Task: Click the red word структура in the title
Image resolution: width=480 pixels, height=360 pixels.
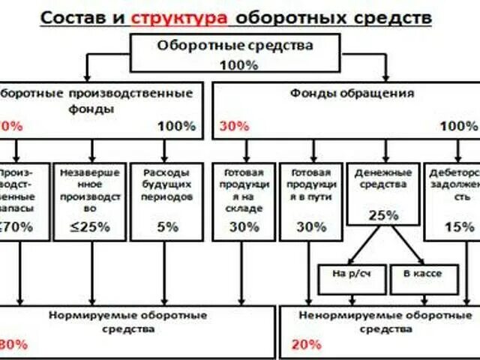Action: [173, 16]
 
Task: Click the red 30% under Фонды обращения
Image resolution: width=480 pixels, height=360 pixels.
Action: [234, 126]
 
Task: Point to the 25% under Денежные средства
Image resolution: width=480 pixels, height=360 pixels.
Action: [382, 216]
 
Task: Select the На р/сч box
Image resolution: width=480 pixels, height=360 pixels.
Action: [351, 274]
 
